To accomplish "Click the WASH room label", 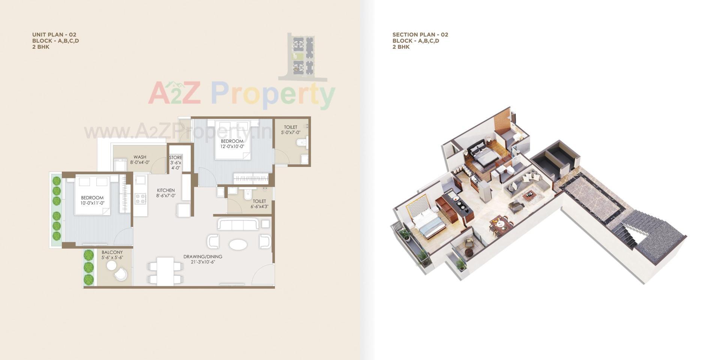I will pyautogui.click(x=140, y=157).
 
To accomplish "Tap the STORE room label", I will pyautogui.click(x=175, y=157).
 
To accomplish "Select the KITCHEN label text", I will pyautogui.click(x=166, y=190).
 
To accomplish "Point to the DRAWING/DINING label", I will pyautogui.click(x=202, y=257).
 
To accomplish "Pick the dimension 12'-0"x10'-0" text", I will pyautogui.click(x=232, y=147).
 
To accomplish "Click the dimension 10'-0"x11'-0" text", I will pyautogui.click(x=92, y=203).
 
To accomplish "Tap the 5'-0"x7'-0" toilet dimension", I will pyautogui.click(x=291, y=132).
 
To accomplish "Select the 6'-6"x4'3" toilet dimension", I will pyautogui.click(x=259, y=207).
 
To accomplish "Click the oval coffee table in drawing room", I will pyautogui.click(x=238, y=244).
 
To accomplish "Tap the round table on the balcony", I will pyautogui.click(x=111, y=265).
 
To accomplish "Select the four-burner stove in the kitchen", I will pyautogui.click(x=140, y=199).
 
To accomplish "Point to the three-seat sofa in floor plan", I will pyautogui.click(x=238, y=225).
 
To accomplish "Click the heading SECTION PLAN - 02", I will pyautogui.click(x=420, y=34).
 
